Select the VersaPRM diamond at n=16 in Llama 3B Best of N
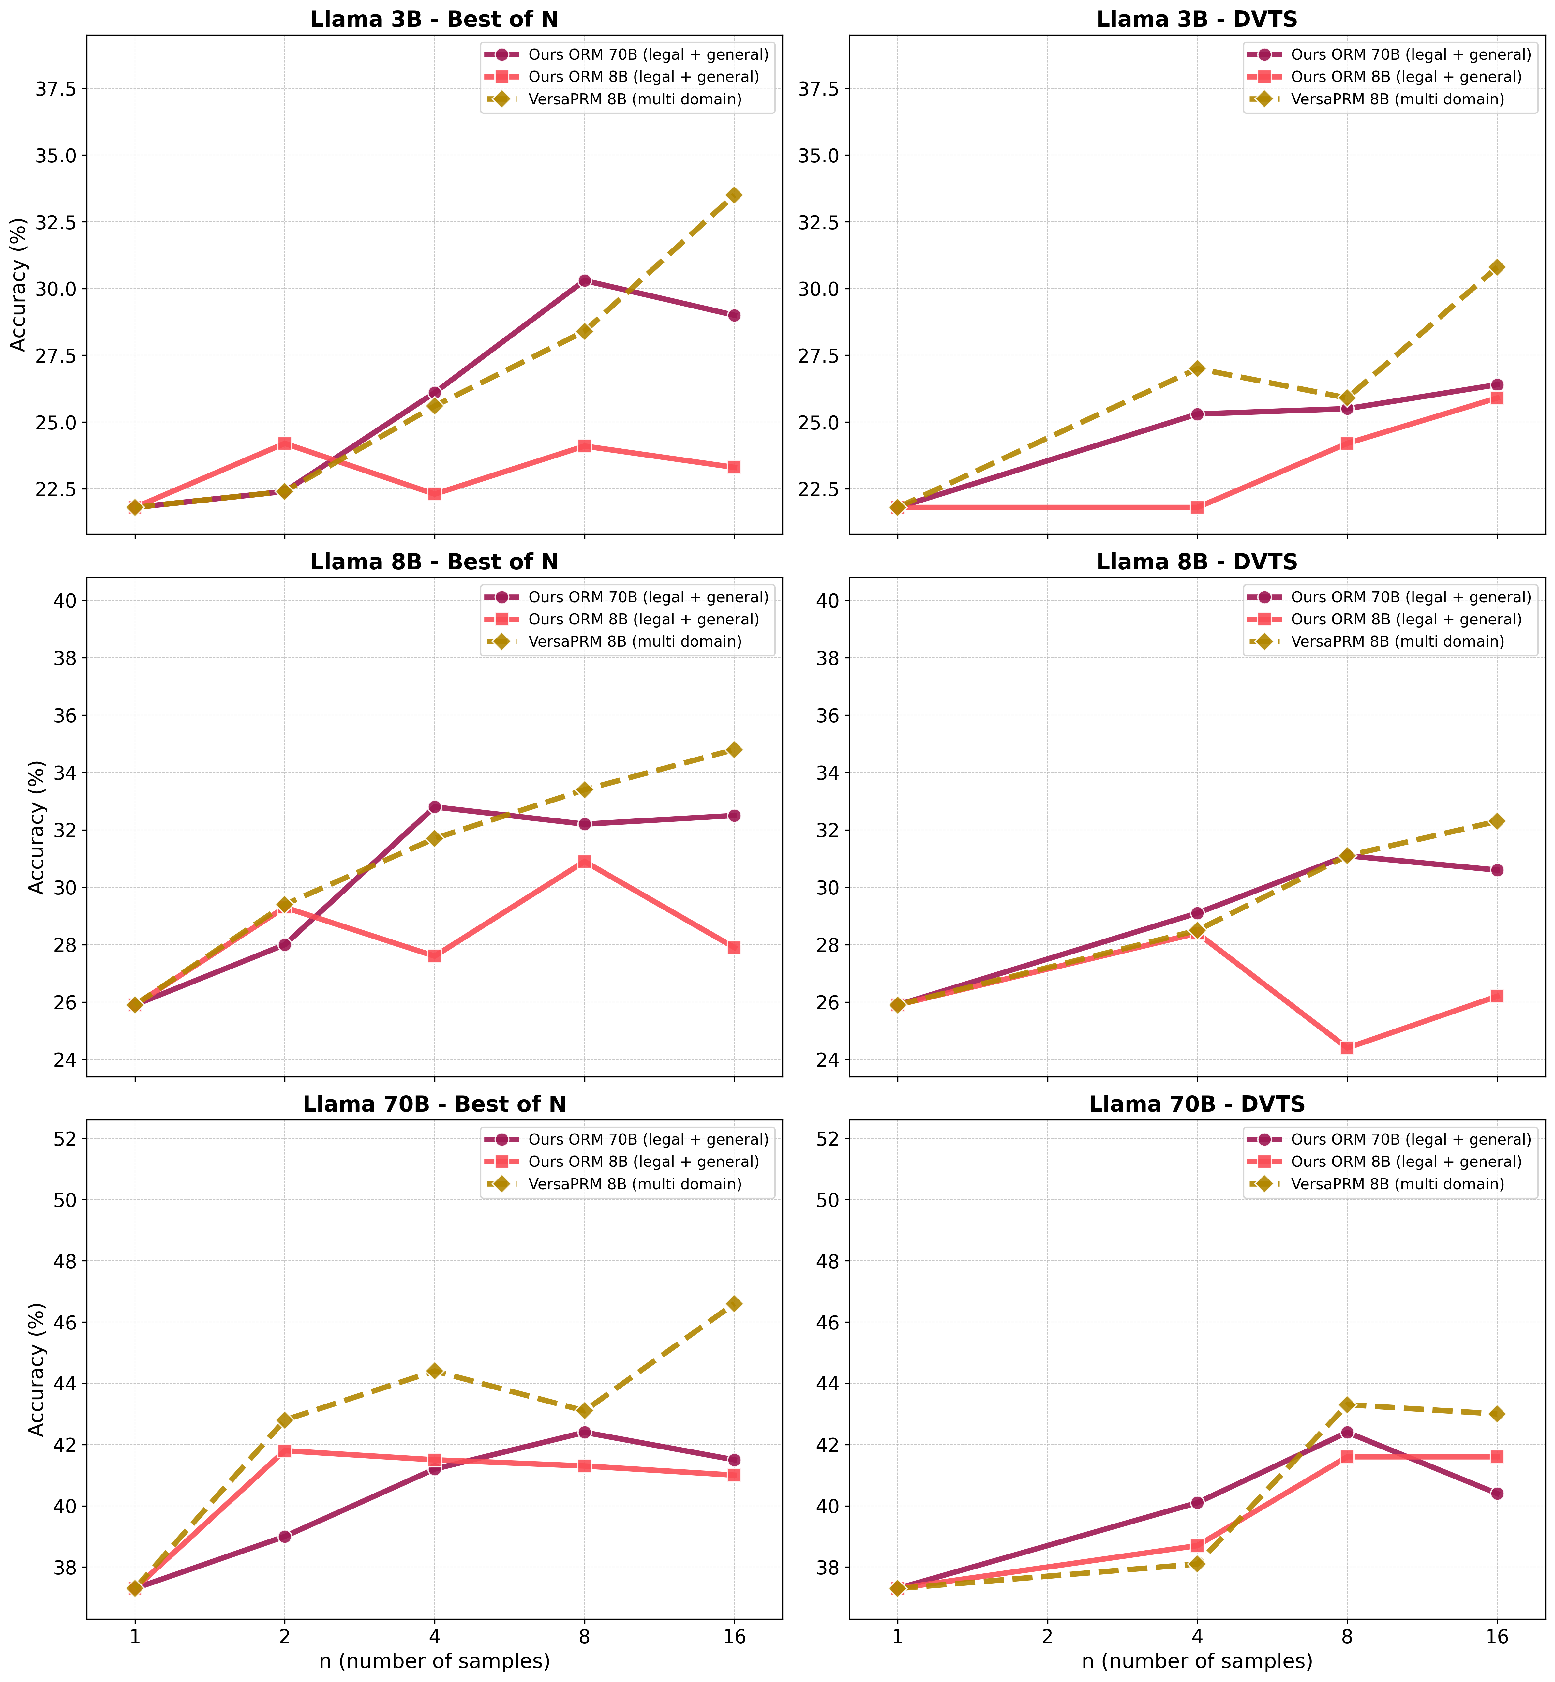click(x=734, y=194)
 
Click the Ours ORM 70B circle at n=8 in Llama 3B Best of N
click(x=584, y=280)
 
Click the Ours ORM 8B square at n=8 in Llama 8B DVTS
click(x=1346, y=1047)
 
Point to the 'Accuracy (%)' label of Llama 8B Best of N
click(x=35, y=826)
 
